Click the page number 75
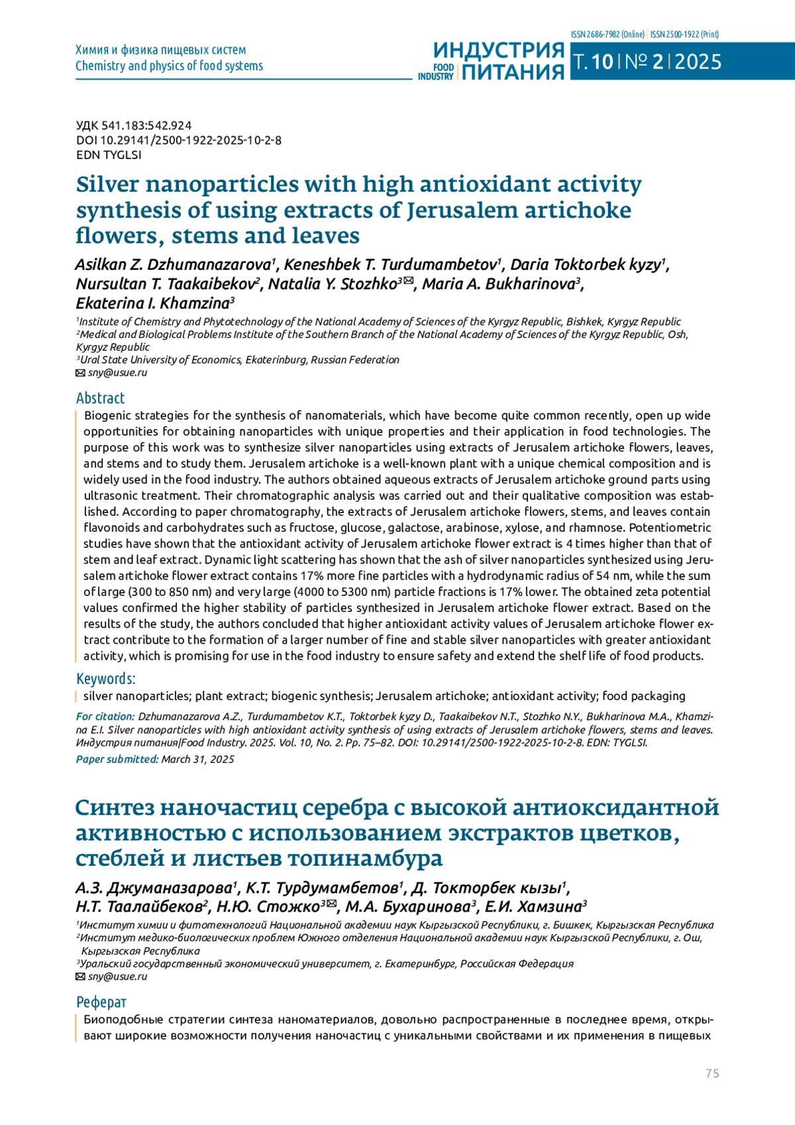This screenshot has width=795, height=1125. (x=712, y=1073)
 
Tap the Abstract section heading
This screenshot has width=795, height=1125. (x=100, y=398)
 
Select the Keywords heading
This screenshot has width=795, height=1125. (x=105, y=678)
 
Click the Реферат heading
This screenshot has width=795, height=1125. (x=101, y=1002)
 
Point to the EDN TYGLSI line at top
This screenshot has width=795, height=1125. (x=109, y=154)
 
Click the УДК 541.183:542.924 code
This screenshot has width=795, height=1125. (x=134, y=125)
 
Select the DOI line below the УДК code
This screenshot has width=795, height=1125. (x=179, y=140)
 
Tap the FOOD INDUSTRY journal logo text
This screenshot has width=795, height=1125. (x=436, y=72)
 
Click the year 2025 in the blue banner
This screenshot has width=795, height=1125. (x=698, y=62)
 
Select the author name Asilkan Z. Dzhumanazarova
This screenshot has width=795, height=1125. (x=174, y=265)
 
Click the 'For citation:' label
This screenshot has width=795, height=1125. (x=105, y=716)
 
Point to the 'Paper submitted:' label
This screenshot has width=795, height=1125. (x=117, y=759)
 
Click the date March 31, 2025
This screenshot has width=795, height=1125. (x=198, y=759)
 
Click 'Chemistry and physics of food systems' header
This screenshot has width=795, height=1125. (x=169, y=66)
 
